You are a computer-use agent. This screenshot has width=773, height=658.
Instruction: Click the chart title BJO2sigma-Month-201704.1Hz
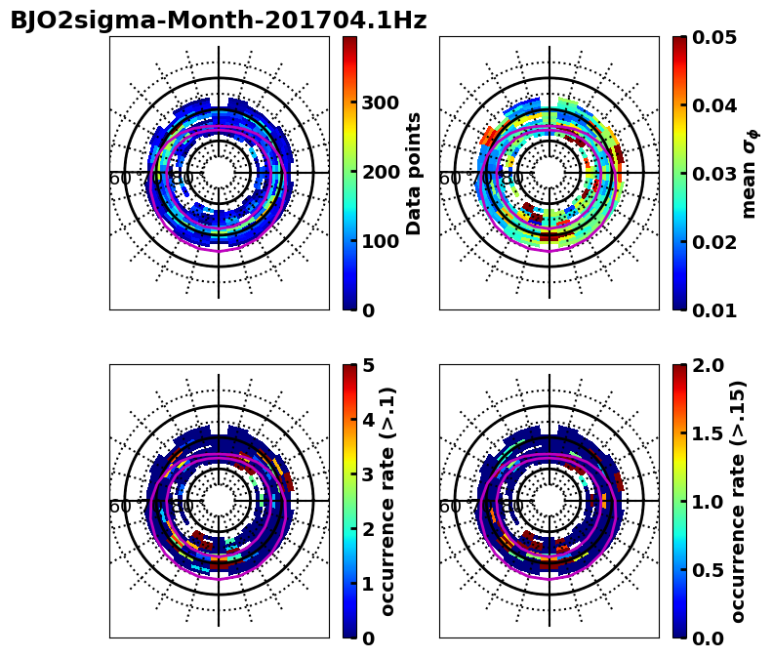[x=218, y=21]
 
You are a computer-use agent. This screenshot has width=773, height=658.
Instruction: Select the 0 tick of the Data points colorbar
[x=368, y=311]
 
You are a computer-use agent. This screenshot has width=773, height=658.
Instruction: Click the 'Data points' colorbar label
[x=414, y=173]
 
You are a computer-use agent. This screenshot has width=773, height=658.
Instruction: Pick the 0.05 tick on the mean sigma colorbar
[x=713, y=37]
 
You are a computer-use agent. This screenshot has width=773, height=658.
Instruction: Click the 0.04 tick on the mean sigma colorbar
[x=713, y=105]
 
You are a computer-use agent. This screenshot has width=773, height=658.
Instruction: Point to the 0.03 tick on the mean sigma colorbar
[x=713, y=174]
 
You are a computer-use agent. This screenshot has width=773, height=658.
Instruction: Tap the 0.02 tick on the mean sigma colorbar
[x=713, y=242]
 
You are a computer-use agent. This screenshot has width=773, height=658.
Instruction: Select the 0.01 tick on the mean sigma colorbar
[x=713, y=310]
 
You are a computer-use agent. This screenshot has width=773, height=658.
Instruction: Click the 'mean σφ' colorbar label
[x=750, y=174]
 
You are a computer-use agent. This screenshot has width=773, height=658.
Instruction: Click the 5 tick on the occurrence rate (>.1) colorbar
[x=368, y=366]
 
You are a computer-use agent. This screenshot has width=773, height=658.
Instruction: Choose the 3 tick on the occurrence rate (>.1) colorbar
[x=368, y=474]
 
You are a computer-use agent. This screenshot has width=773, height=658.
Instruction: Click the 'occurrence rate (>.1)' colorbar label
[x=387, y=501]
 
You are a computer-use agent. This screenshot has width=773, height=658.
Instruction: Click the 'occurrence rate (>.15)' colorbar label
[x=738, y=501]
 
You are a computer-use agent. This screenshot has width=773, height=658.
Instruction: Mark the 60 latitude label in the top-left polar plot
[x=120, y=179]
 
